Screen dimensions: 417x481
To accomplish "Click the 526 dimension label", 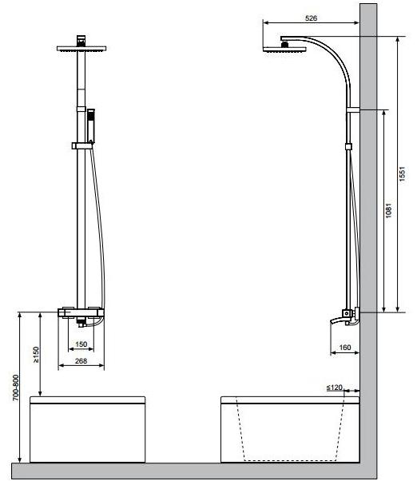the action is [x=311, y=18].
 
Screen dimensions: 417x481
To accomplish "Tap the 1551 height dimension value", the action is [x=403, y=174].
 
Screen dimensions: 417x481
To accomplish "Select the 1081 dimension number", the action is [x=389, y=210].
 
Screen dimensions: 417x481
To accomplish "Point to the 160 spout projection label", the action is [x=345, y=348].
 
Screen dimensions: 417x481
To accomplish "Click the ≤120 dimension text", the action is [x=334, y=388].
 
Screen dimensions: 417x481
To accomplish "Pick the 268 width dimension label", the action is [x=81, y=361].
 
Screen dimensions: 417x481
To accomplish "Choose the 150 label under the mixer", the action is [x=81, y=344].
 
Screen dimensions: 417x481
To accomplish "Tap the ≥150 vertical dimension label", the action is [x=36, y=355].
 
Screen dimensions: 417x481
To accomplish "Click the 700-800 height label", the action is [x=16, y=388].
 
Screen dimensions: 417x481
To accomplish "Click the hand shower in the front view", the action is [x=91, y=125].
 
